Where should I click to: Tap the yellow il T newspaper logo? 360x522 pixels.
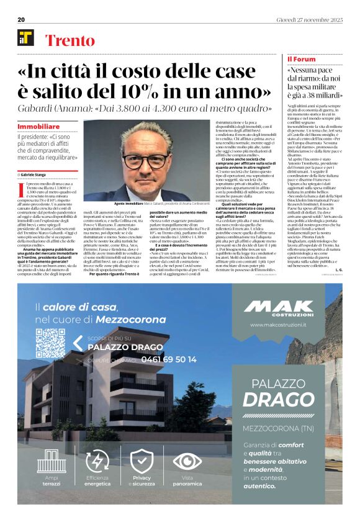tap(26, 38)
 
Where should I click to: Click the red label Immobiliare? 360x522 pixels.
tap(38, 126)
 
